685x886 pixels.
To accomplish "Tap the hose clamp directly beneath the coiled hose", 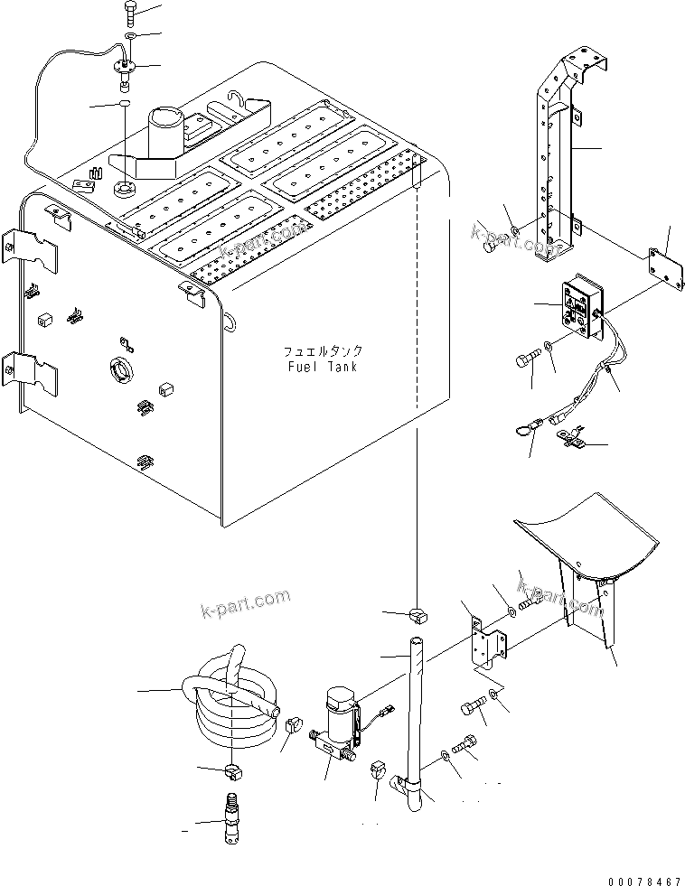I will (230, 770).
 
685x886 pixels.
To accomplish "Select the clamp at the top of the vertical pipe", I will (418, 616).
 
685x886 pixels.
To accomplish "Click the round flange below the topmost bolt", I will (124, 66).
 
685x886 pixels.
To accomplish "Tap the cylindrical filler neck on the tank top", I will (167, 131).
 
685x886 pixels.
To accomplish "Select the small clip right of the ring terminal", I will (572, 442).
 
